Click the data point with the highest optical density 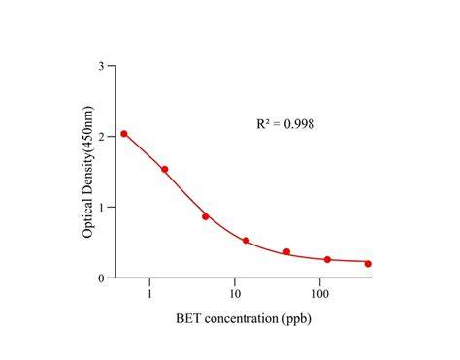click(x=124, y=134)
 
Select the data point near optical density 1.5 click(x=165, y=169)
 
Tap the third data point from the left click(x=206, y=216)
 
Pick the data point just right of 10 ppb click(x=246, y=241)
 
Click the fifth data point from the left click(x=286, y=251)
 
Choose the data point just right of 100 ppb click(x=327, y=259)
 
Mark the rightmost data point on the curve click(x=368, y=264)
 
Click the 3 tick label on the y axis click(x=102, y=66)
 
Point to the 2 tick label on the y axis click(x=102, y=137)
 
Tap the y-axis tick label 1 click(x=102, y=207)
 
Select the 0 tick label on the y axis click(x=102, y=278)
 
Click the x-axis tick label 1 click(x=149, y=294)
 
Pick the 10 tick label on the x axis click(x=235, y=294)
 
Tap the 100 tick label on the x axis click(x=320, y=294)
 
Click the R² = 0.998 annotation click(x=285, y=123)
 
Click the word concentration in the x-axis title click(x=242, y=319)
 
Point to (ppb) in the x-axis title click(x=296, y=319)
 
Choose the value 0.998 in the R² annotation click(x=299, y=124)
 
